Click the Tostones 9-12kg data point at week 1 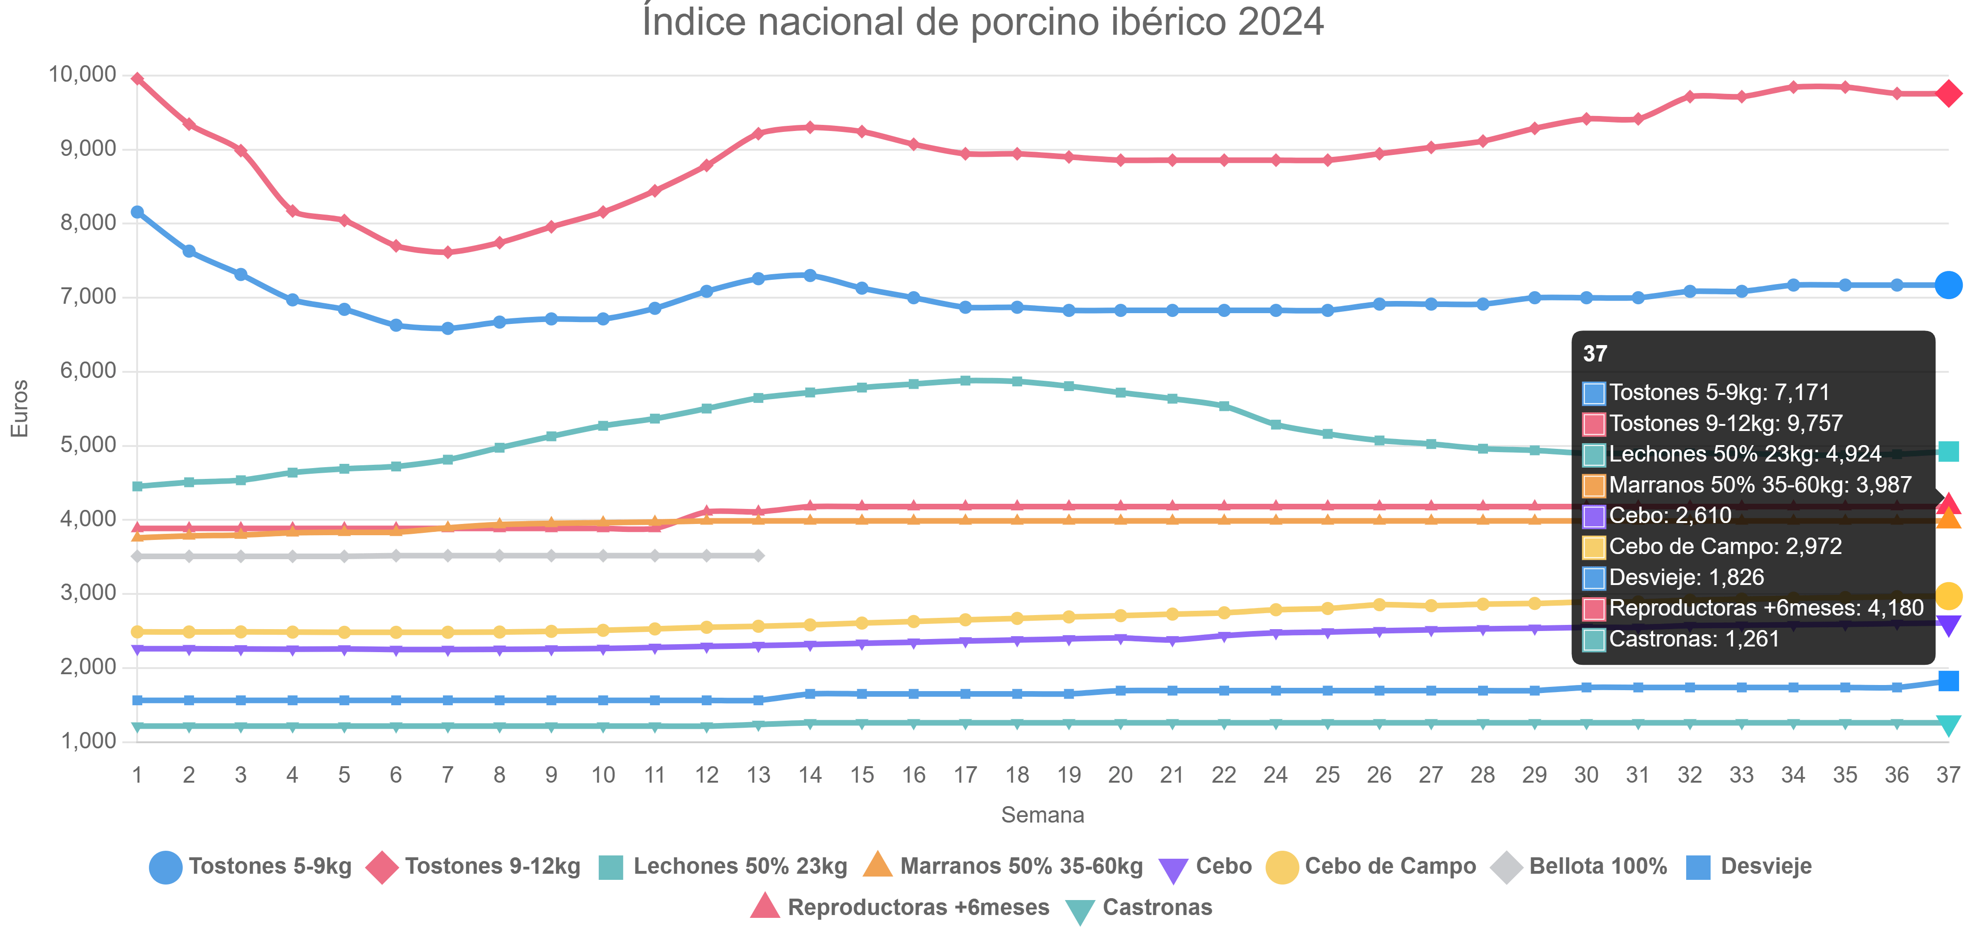[x=138, y=78]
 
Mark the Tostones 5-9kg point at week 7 [x=448, y=328]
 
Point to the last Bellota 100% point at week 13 [x=758, y=556]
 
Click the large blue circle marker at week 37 [x=1948, y=285]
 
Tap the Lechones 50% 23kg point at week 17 [x=965, y=380]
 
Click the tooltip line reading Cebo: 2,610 [x=1670, y=516]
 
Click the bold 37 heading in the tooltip [x=1595, y=354]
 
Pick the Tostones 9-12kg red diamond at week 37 [x=1948, y=94]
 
